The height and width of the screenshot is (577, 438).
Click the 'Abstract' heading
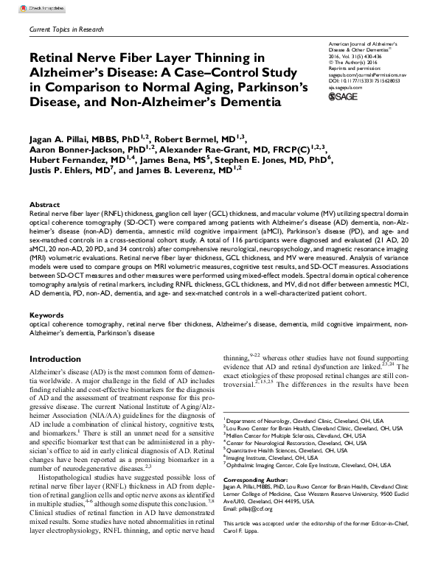(x=44, y=204)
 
